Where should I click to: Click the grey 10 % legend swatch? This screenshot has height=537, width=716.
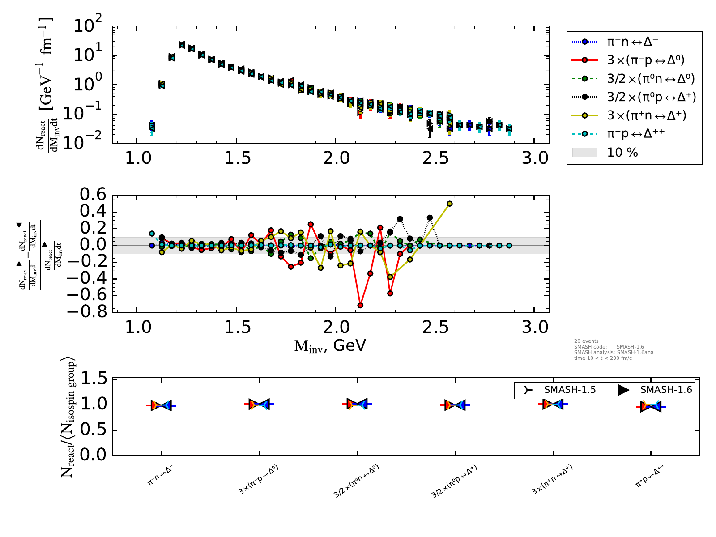click(x=584, y=153)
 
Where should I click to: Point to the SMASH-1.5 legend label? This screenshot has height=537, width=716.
click(x=570, y=390)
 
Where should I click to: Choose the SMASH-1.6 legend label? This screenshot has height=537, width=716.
click(x=666, y=390)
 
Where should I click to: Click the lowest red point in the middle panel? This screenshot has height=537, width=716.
click(x=360, y=305)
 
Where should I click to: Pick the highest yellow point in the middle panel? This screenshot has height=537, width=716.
click(x=450, y=204)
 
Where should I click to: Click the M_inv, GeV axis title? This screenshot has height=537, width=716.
click(x=330, y=345)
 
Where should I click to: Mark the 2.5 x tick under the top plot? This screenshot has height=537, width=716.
click(x=436, y=158)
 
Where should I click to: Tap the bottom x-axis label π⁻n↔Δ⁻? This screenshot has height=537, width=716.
click(x=160, y=481)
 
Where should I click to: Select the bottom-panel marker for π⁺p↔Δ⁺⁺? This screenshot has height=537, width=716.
click(x=651, y=406)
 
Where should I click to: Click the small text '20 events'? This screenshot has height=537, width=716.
click(x=586, y=341)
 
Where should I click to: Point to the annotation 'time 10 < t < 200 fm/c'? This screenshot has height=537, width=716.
click(x=603, y=358)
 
